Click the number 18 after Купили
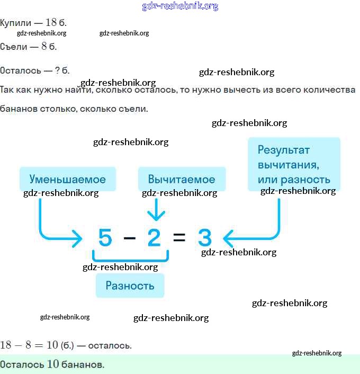tap(51, 22)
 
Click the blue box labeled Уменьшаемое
tap(67, 179)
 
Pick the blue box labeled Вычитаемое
tap(182, 179)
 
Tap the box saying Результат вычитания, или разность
tap(294, 164)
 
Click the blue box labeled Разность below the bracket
tap(130, 286)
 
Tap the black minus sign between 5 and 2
tap(129, 238)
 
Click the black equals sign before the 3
tap(179, 238)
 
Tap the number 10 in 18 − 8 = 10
tap(52, 345)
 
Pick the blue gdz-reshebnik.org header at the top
tap(180, 6)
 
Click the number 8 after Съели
tap(44, 46)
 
